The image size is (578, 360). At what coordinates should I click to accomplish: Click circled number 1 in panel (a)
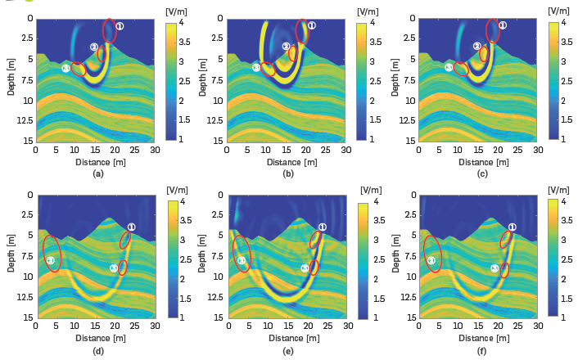(120, 26)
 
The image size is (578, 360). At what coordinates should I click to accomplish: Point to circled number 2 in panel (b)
(286, 47)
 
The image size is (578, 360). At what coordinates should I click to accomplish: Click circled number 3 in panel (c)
(448, 67)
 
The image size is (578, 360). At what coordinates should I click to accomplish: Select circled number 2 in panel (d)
(50, 261)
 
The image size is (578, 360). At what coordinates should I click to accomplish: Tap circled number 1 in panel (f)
(513, 227)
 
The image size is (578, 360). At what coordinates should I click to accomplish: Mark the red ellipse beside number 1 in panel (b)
(302, 32)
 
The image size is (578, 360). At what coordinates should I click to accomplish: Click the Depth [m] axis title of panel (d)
(8, 255)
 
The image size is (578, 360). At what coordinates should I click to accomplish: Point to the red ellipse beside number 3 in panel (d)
(123, 268)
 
